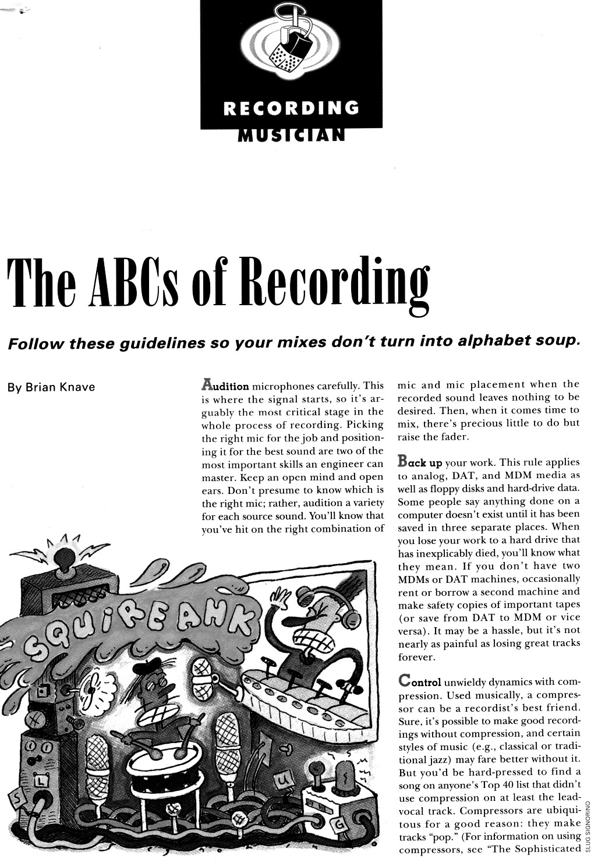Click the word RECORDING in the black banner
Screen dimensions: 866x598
click(291, 108)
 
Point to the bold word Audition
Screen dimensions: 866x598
click(225, 386)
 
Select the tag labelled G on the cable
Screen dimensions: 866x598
click(340, 824)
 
